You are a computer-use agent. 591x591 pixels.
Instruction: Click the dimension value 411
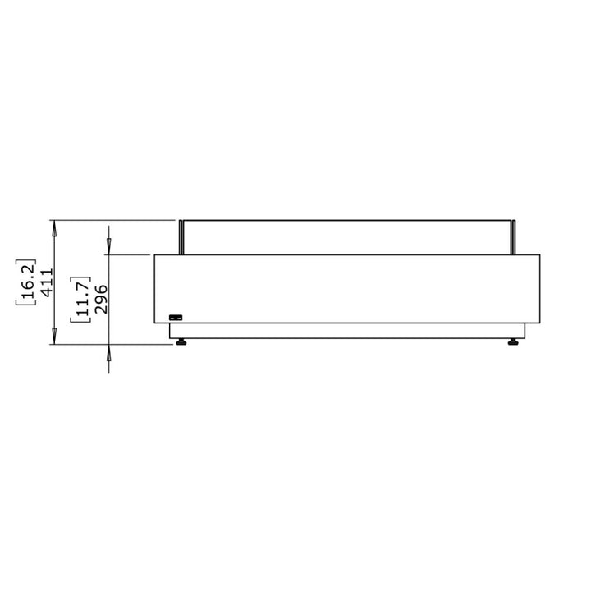click(x=47, y=282)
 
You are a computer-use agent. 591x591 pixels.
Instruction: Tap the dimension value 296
click(x=103, y=300)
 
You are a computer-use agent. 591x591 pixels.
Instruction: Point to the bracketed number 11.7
click(x=82, y=300)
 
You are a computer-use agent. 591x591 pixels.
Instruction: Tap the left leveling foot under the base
click(x=181, y=340)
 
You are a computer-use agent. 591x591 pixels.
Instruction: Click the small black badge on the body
click(x=176, y=317)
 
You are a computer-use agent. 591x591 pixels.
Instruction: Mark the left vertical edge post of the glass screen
click(x=181, y=237)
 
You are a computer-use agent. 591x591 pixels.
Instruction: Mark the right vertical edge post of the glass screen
click(x=514, y=237)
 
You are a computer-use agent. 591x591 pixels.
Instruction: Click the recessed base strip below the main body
click(x=347, y=330)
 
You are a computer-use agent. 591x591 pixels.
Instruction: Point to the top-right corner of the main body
click(x=539, y=255)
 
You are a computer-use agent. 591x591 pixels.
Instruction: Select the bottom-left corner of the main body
click(x=155, y=323)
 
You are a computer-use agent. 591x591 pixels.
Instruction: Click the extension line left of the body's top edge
click(x=131, y=255)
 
